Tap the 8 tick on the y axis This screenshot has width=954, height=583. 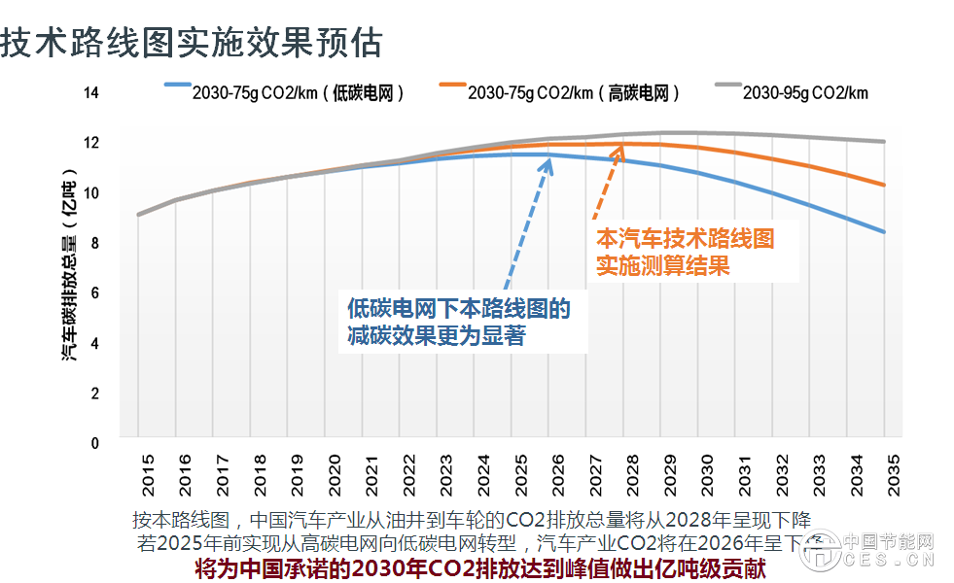(94, 242)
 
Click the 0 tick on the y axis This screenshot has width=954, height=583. (94, 443)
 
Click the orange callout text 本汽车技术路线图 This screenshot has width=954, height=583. (685, 238)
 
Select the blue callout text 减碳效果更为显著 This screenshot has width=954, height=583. (437, 335)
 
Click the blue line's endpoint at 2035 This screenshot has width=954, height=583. (883, 231)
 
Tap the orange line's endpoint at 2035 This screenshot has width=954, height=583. (883, 185)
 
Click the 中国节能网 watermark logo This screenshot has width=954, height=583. (875, 550)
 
